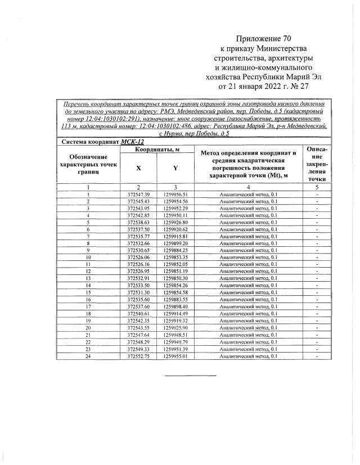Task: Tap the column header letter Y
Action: [175, 168]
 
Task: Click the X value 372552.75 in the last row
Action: [138, 356]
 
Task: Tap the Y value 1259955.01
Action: [175, 356]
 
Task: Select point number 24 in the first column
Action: [88, 356]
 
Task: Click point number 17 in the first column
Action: [88, 306]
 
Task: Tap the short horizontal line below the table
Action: [190, 375]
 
